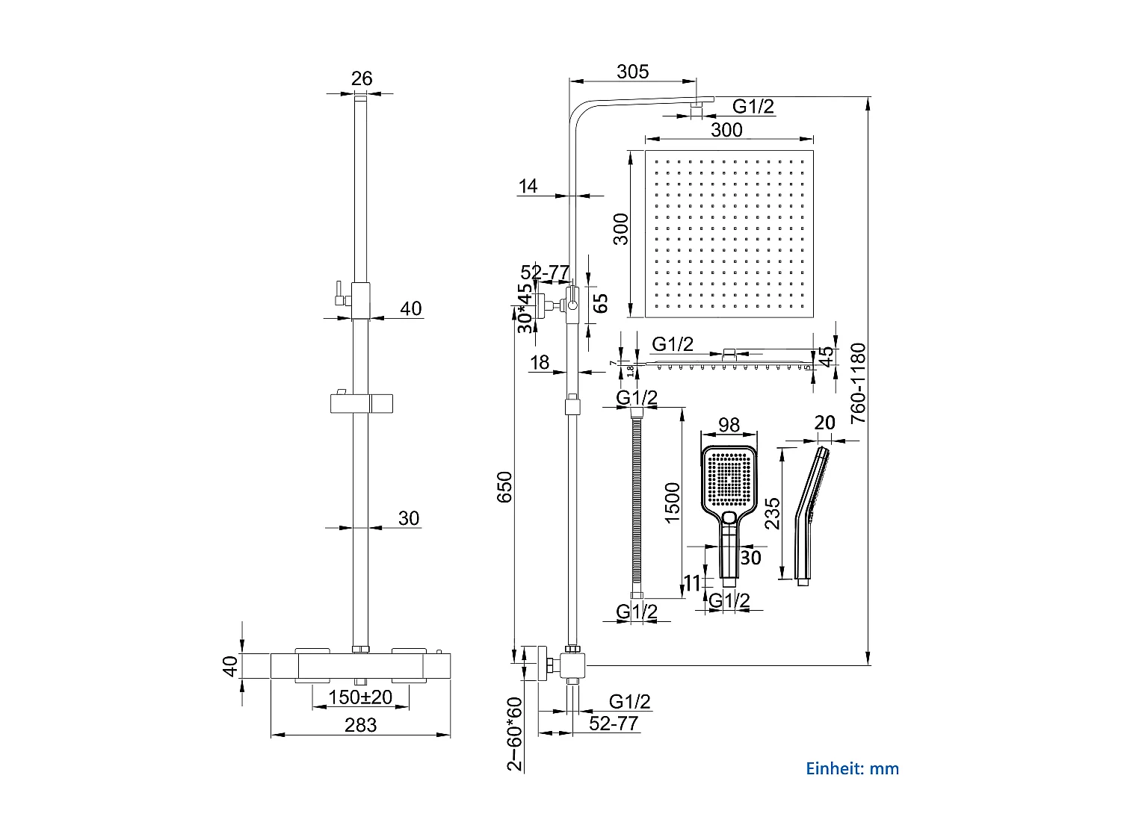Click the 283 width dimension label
click(x=360, y=725)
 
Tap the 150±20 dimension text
click(x=360, y=697)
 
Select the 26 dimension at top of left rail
click(x=362, y=78)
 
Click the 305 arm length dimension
click(x=632, y=72)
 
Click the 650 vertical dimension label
click(x=505, y=487)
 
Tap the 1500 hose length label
click(x=672, y=503)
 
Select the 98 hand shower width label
click(x=729, y=425)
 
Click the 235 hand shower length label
click(x=773, y=513)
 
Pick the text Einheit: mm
click(x=852, y=768)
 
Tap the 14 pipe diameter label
click(x=528, y=186)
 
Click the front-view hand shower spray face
click(x=729, y=478)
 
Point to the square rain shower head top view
click(x=729, y=234)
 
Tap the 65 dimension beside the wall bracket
click(x=600, y=302)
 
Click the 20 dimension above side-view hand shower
click(x=824, y=423)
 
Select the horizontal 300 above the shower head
click(x=726, y=130)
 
